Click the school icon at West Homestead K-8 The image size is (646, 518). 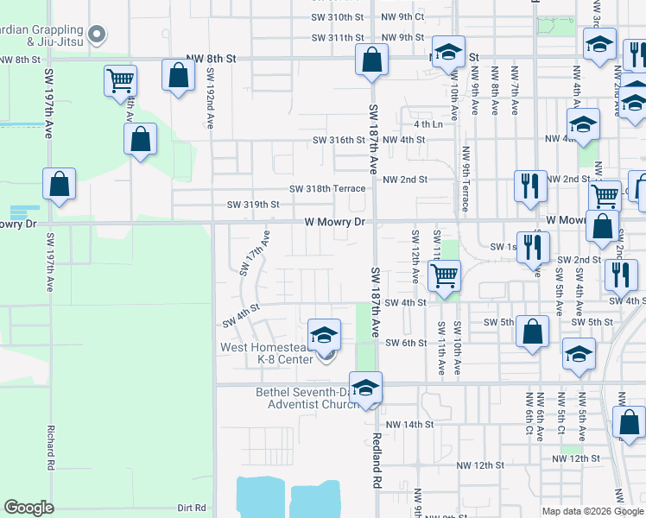click(x=325, y=335)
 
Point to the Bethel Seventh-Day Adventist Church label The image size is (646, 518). click(x=306, y=398)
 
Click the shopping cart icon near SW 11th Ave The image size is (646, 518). click(x=444, y=276)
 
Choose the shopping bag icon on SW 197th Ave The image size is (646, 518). click(x=60, y=184)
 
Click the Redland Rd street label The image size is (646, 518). click(x=377, y=464)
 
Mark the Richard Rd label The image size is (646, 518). click(x=52, y=447)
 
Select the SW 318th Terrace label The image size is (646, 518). click(x=327, y=188)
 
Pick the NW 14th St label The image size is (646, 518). click(x=408, y=425)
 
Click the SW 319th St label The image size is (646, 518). click(x=253, y=205)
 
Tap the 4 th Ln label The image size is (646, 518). click(x=427, y=124)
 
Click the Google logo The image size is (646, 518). click(x=29, y=508)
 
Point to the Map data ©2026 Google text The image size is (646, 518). click(x=592, y=511)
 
